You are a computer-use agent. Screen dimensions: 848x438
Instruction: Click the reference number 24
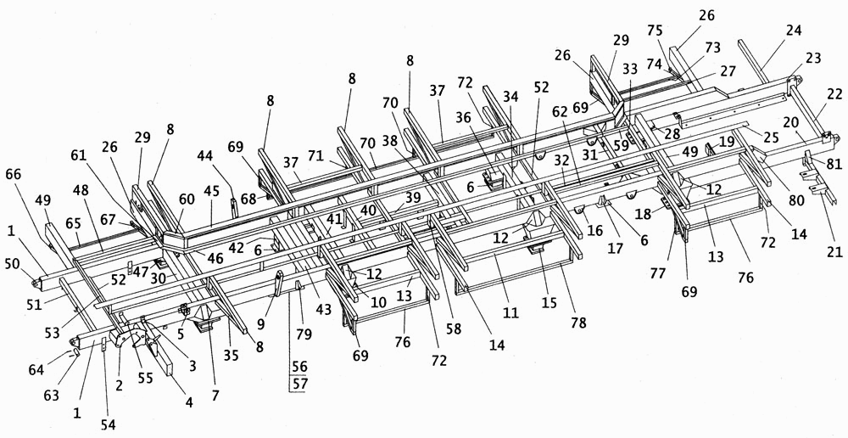coord(794,30)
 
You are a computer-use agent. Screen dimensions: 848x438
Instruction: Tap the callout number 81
coord(834,163)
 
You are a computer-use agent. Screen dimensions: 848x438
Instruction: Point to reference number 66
coord(14,174)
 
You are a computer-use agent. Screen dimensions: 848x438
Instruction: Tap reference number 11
coord(510,312)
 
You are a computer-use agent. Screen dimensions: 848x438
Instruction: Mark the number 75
coord(656,31)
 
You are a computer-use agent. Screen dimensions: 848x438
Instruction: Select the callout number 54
coord(109,424)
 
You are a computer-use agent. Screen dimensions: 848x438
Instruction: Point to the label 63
coord(52,396)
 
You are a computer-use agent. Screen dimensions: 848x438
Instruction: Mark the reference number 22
coord(834,94)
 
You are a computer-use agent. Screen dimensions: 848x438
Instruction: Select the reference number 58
coord(454,329)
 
